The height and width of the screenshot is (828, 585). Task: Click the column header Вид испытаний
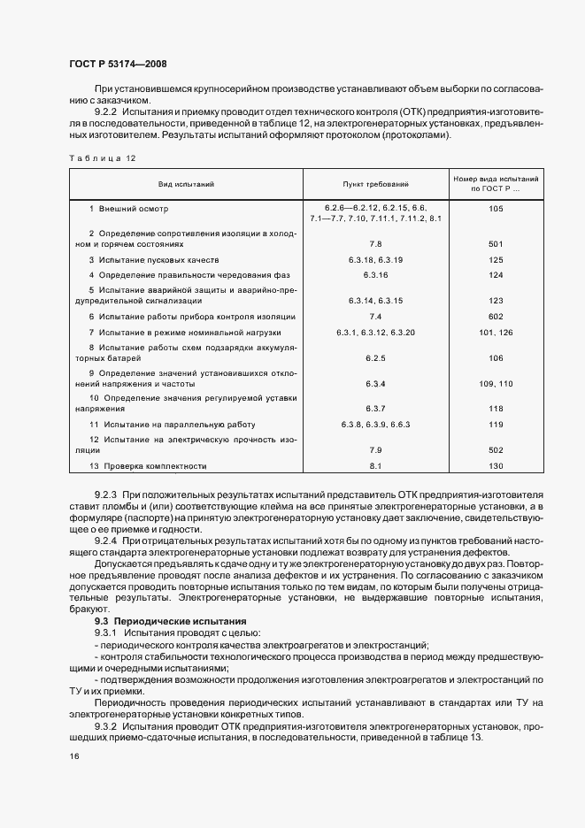[x=186, y=184]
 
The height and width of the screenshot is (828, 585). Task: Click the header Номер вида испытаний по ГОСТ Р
[x=495, y=184]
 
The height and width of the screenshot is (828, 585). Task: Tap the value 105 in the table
[x=495, y=208]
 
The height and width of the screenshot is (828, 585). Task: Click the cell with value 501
[x=495, y=243]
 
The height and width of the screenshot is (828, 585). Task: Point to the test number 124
[x=495, y=275]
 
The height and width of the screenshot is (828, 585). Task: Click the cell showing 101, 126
[x=495, y=332]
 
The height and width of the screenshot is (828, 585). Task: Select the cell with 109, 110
[x=495, y=384]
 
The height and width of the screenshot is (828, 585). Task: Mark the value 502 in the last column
[x=495, y=450]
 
